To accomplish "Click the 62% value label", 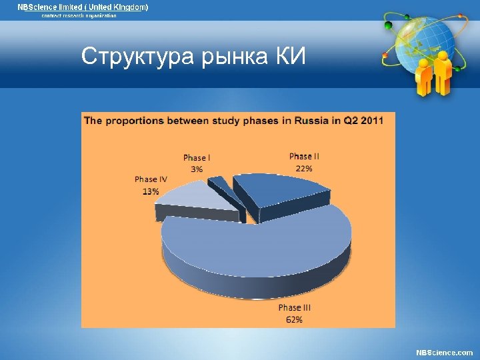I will point(295,320).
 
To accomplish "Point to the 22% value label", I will point(304,169).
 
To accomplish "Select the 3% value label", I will point(197,169).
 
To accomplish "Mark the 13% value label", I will point(150,191).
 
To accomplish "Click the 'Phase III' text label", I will point(295,308).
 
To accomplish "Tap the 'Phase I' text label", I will point(197,158).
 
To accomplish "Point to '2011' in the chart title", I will point(369,121).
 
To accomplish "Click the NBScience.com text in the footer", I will point(444,353).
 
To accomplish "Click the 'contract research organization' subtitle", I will point(79,15).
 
